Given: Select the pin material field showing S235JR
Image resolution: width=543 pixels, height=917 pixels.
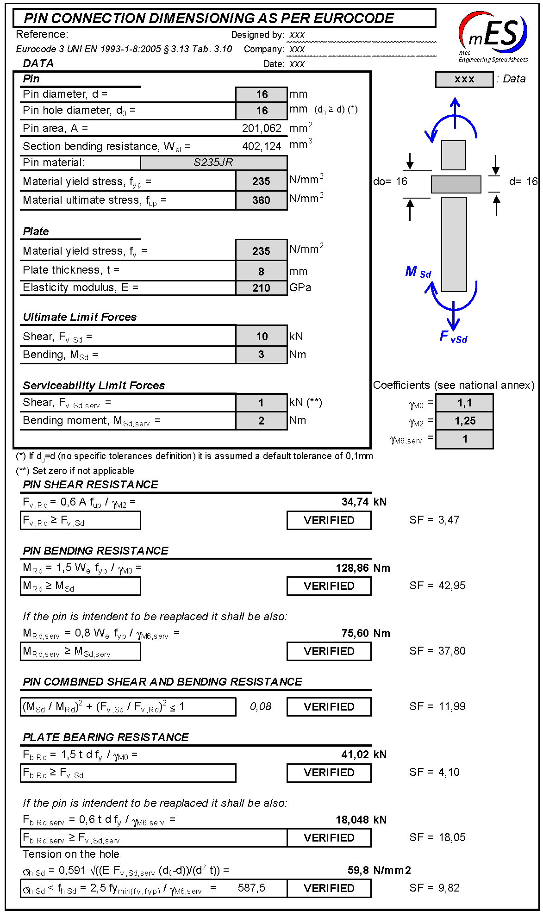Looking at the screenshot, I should pos(213,162).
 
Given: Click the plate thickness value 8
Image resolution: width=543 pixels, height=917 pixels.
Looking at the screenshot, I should pos(261,271).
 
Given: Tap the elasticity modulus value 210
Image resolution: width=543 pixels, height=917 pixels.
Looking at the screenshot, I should pos(261,288).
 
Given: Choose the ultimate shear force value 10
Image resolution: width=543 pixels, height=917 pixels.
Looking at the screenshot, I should pos(262,337).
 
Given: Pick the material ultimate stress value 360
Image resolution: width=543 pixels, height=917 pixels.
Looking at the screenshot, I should pos(261,200).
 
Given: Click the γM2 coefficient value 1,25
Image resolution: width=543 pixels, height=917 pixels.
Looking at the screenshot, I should pos(464,421).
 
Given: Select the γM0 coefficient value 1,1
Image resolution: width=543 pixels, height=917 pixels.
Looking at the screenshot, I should pos(464,403).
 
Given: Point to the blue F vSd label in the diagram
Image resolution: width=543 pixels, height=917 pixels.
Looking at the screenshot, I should pos(453,337).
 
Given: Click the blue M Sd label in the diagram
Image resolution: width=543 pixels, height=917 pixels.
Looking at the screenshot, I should pos(418,272).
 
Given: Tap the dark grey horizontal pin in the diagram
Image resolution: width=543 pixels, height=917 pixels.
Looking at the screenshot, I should pos(456,184).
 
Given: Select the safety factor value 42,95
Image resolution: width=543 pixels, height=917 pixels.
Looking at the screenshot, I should pos(452,586).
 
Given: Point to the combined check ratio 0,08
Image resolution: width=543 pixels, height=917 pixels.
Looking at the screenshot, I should pos(261,706).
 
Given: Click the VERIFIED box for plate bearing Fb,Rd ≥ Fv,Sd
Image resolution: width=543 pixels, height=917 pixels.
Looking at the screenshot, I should pos(329,773).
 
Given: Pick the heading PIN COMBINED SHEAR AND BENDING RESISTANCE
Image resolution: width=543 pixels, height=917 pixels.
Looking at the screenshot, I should pos(162,682).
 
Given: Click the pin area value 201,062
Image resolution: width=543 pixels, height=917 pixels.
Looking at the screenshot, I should pos(262,128).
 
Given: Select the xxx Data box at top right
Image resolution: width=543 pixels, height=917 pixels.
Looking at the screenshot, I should pos(464,79).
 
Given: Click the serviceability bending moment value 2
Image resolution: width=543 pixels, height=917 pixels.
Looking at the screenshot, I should pos(261,421).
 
